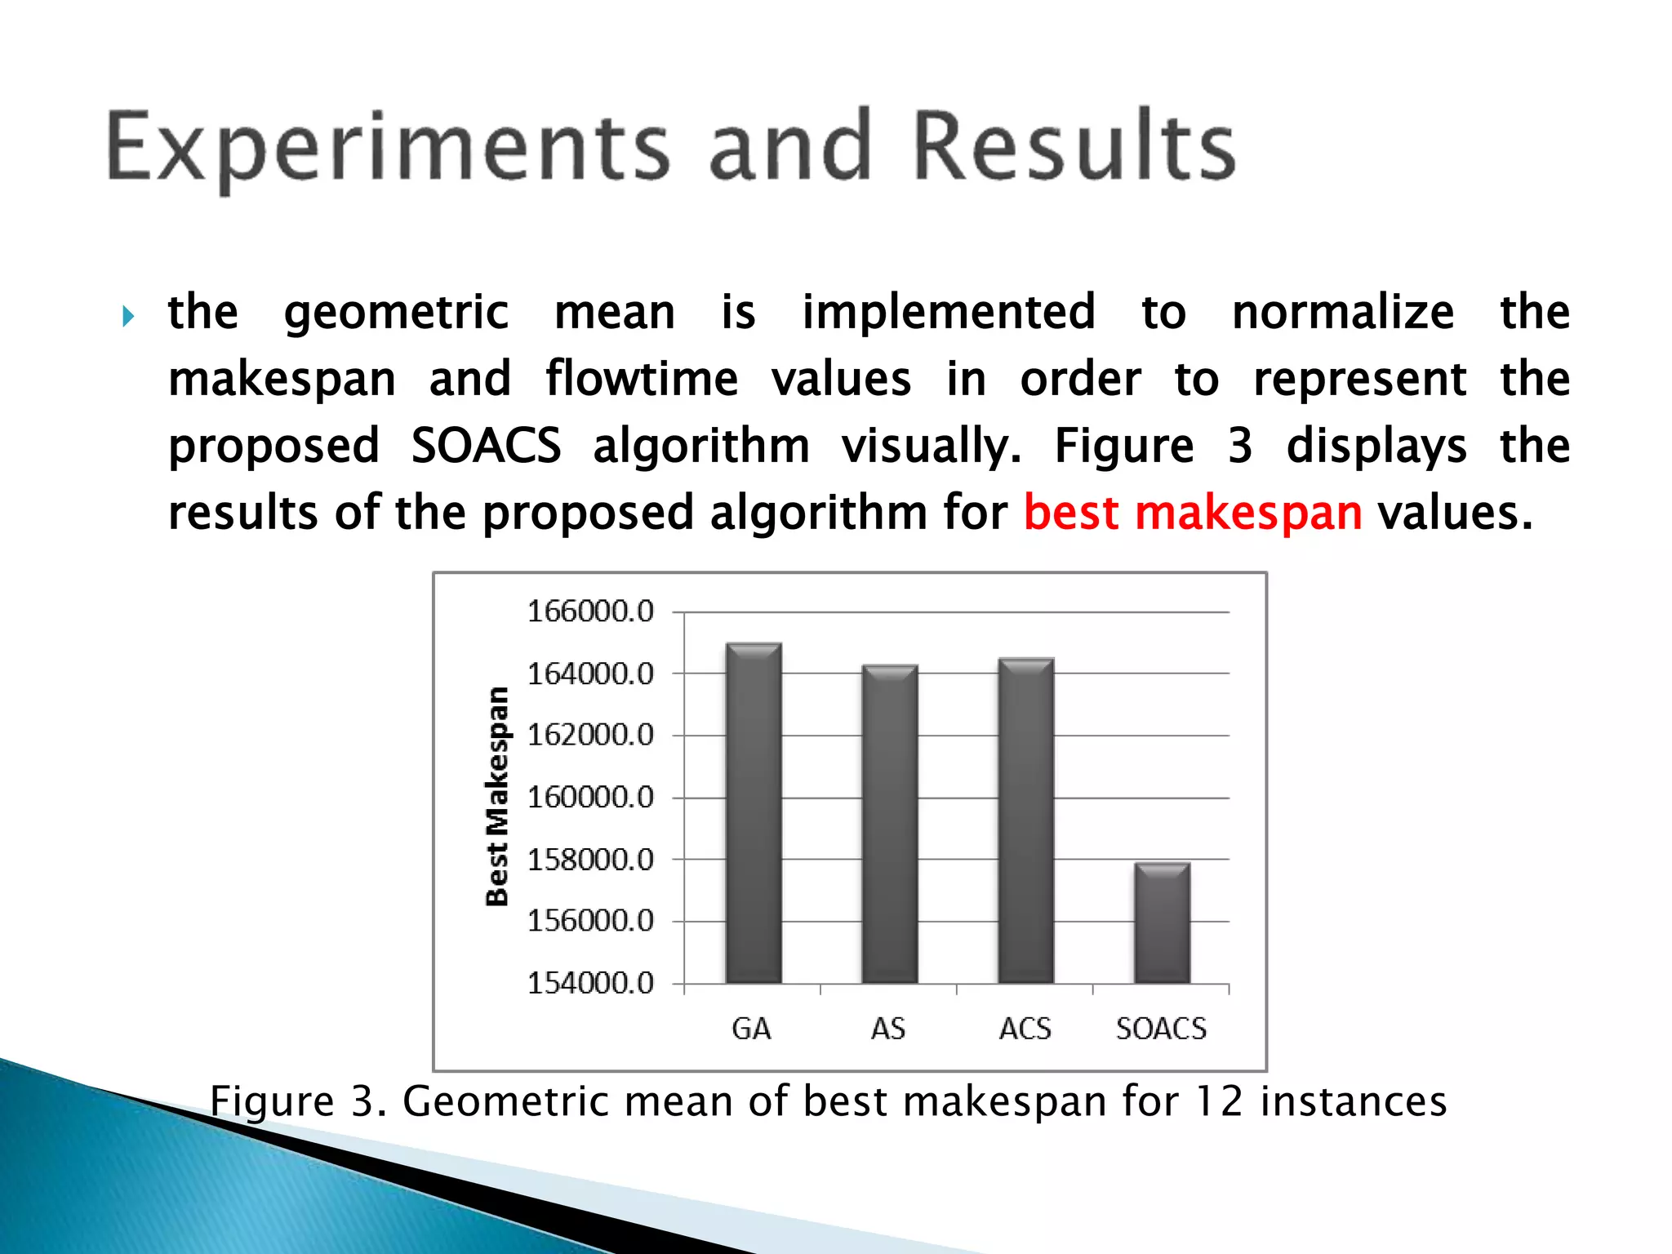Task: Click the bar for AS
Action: point(890,824)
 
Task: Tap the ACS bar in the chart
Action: point(1026,820)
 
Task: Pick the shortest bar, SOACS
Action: point(1162,923)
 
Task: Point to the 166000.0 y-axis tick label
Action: point(590,611)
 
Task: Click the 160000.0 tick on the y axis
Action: point(590,797)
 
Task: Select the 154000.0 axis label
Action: point(590,983)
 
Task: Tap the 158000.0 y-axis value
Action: point(590,859)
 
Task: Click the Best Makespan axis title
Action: point(497,796)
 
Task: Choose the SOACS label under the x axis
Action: point(1161,1029)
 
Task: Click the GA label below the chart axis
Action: point(751,1029)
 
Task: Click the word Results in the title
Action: point(1074,147)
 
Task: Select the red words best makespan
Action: point(1192,513)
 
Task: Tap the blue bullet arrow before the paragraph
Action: point(128,316)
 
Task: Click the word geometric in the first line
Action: point(396,313)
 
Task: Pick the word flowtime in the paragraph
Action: point(642,380)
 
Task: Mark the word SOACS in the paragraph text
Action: point(486,446)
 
